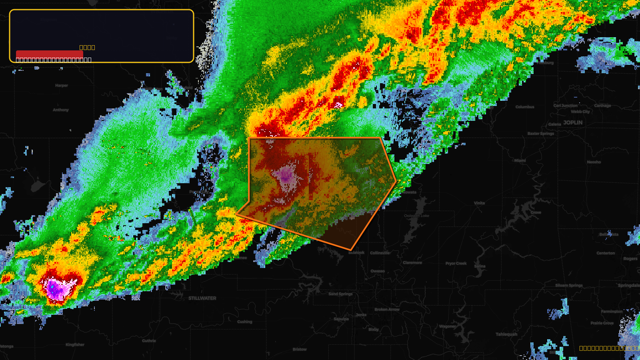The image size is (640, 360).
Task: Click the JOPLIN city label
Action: [573, 122]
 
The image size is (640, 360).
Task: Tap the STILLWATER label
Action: [202, 298]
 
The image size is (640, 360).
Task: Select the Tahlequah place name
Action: [506, 334]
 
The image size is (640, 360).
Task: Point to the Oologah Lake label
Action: [416, 216]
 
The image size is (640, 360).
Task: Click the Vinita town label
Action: [479, 203]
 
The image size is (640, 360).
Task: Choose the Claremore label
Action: [412, 263]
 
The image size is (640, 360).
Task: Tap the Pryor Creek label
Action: [456, 264]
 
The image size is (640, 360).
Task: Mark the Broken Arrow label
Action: [387, 310]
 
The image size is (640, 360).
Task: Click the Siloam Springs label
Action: [569, 286]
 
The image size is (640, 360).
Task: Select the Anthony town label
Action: [61, 110]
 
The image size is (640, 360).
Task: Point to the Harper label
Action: [62, 86]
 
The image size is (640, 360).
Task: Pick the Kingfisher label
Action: [75, 345]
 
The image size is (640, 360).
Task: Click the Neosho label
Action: [594, 162]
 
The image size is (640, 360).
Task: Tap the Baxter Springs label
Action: [541, 134]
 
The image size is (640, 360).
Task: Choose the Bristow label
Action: [300, 350]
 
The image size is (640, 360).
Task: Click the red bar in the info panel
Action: [50, 54]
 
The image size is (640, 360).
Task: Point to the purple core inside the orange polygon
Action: [286, 175]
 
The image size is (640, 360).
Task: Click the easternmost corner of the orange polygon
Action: [396, 181]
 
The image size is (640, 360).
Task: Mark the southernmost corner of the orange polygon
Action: [350, 250]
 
